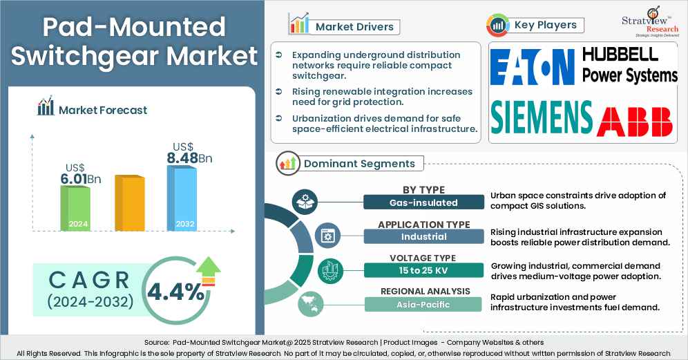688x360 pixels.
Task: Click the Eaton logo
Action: pos(533,70)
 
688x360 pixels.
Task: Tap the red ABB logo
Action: pos(634,121)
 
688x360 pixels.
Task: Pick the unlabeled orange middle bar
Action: pos(129,203)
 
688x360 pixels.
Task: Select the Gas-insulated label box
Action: pos(424,202)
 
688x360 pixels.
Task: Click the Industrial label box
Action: pos(424,237)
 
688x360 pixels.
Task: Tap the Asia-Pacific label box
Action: pos(424,304)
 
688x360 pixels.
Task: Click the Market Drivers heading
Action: pos(354,27)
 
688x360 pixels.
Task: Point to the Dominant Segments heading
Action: pos(359,164)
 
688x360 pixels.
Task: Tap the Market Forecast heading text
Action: pos(103,110)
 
